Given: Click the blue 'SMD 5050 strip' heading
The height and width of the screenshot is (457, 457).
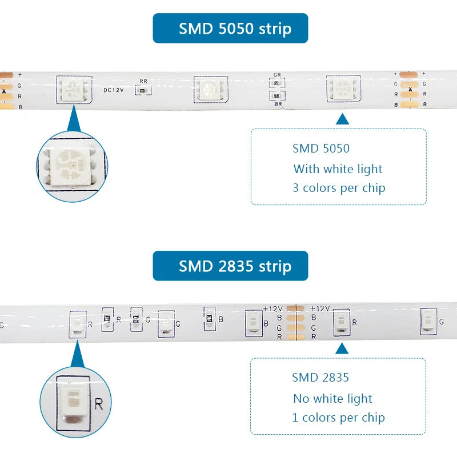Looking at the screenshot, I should [x=230, y=28].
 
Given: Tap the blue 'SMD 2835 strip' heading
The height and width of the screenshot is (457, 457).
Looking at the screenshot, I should [x=230, y=266].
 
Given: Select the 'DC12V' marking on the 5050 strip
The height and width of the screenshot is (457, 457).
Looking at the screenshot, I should [x=114, y=90].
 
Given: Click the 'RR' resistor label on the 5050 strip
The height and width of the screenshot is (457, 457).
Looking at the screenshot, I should [x=143, y=81].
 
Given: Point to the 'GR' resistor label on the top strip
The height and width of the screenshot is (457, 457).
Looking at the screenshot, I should [x=277, y=75].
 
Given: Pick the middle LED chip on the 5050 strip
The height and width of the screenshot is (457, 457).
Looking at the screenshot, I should [x=211, y=89].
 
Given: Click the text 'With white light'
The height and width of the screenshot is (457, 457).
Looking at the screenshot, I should [x=338, y=169].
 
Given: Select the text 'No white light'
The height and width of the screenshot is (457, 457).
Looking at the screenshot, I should [x=332, y=398].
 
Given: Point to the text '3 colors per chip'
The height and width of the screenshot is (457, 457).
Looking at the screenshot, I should [x=339, y=187].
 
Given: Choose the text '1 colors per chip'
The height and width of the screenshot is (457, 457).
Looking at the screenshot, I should [x=338, y=417].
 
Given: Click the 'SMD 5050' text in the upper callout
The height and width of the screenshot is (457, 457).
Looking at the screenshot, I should [x=321, y=149].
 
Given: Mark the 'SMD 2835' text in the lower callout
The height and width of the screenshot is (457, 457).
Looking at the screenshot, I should [x=320, y=377].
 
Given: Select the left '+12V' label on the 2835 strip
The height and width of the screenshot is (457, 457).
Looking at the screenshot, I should [x=273, y=308].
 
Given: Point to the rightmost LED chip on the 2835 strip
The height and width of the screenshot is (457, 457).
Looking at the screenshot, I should [x=428, y=322].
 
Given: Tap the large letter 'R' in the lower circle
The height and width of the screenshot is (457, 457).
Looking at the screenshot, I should [x=98, y=405].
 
